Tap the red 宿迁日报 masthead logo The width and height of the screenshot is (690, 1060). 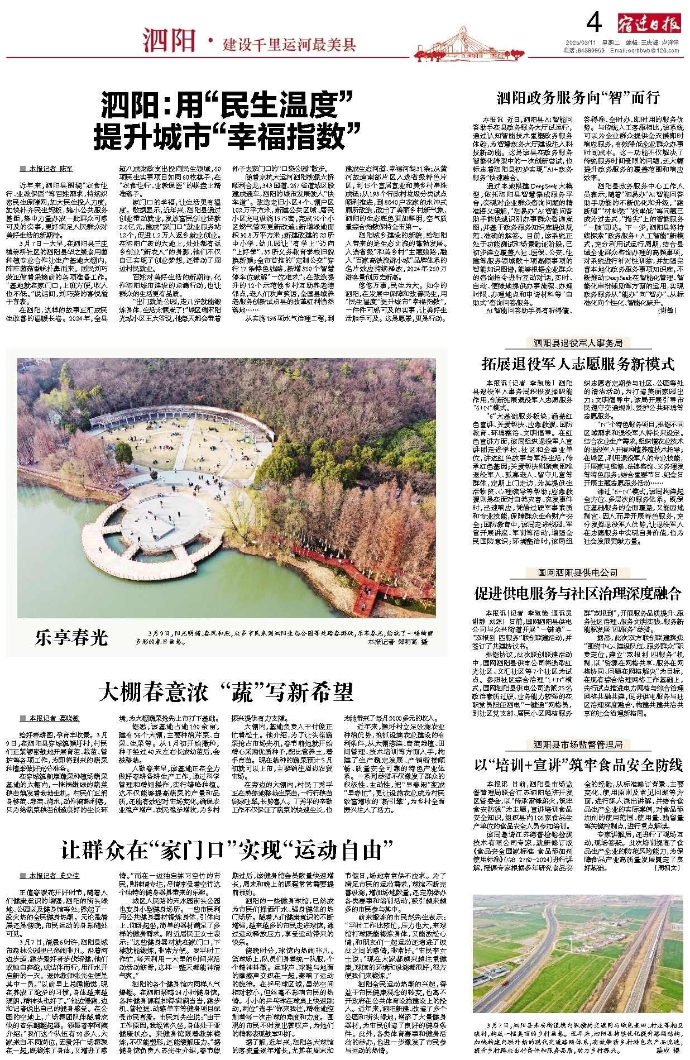click(649, 23)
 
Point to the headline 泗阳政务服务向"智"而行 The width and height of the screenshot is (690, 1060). click(578, 98)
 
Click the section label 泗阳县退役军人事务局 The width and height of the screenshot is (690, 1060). click(578, 343)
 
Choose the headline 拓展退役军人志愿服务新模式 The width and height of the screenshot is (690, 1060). click(578, 365)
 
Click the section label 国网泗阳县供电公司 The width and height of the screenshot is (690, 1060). click(578, 572)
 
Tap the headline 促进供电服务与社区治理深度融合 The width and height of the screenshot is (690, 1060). click(578, 593)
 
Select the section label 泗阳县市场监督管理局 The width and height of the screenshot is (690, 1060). click(578, 744)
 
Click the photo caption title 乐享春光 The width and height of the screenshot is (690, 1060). click(70, 637)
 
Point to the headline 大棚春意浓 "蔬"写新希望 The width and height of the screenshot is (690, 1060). click(226, 693)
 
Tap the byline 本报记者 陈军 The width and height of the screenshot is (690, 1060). click(51, 168)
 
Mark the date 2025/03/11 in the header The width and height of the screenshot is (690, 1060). click(581, 42)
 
